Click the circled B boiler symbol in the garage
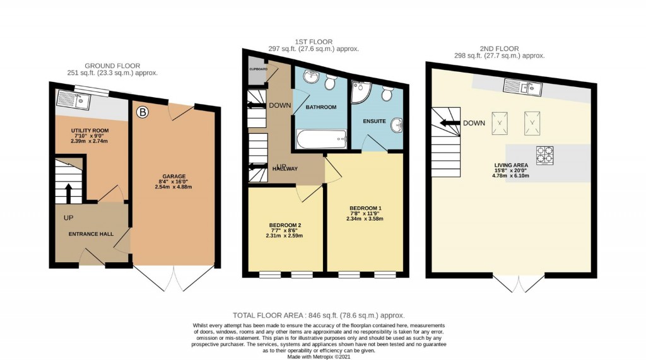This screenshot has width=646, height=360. pyautogui.click(x=142, y=113)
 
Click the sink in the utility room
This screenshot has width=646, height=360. pyautogui.click(x=67, y=100)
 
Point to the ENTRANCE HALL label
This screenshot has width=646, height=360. pyautogui.click(x=91, y=234)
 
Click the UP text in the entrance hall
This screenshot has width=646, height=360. pyautogui.click(x=68, y=218)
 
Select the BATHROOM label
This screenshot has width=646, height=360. pyautogui.click(x=321, y=107)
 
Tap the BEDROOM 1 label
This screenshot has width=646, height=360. pyautogui.click(x=365, y=208)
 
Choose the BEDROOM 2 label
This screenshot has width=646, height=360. pyautogui.click(x=285, y=225)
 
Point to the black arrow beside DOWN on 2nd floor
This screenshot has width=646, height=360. pyautogui.click(x=450, y=124)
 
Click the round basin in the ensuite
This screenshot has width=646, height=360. pyautogui.click(x=397, y=124)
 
